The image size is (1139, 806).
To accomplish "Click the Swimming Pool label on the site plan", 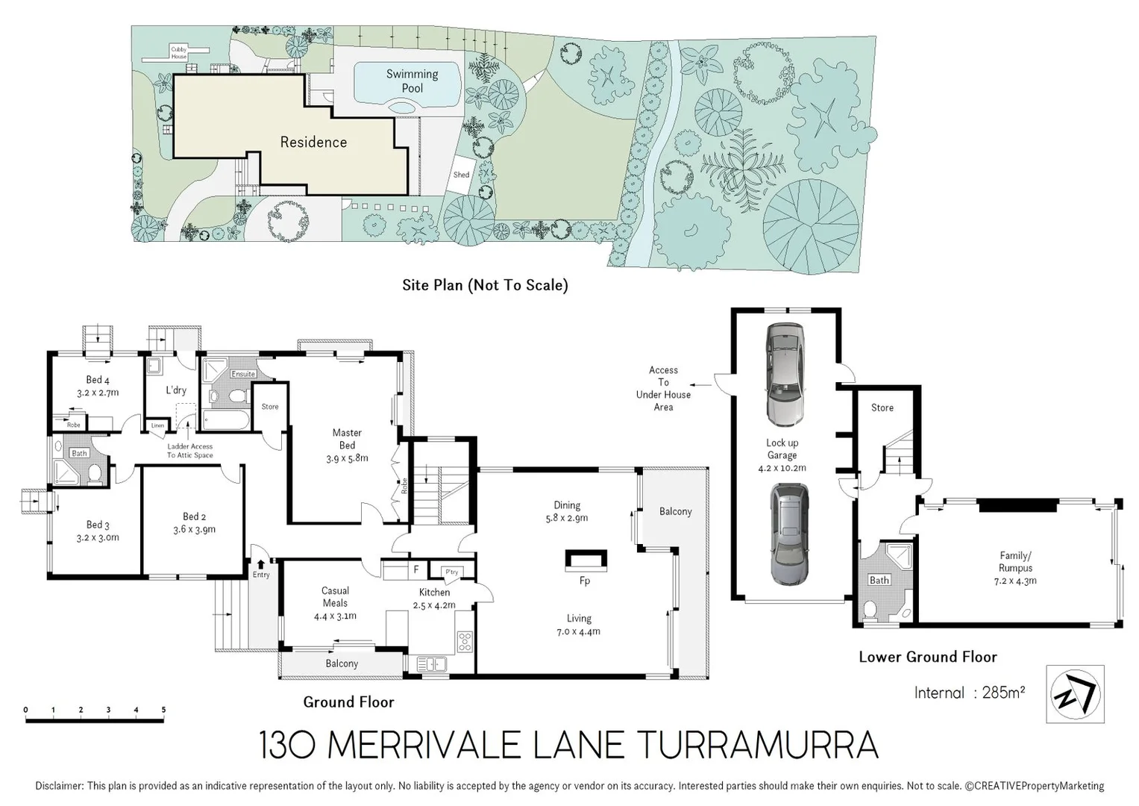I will coord(412,81).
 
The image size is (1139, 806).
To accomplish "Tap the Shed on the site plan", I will coord(462,175).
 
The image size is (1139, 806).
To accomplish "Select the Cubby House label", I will coord(179,53).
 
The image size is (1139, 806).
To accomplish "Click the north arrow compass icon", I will coord(1075,694).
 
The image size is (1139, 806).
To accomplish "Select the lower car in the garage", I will coord(789,534).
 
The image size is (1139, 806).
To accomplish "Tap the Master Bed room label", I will coord(347,445).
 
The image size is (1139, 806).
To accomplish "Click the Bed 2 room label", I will coord(194,522).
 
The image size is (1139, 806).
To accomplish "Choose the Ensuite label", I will coord(243,374).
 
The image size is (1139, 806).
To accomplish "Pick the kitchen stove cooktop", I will coord(465,641).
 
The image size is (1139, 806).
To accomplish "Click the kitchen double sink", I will coord(431,663).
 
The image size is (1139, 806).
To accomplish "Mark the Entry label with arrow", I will coord(261,569).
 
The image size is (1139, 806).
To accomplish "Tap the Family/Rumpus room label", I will coord(1015,567).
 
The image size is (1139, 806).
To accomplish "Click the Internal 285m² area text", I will coord(969,693).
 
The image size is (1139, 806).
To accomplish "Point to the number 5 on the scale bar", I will coord(163,710).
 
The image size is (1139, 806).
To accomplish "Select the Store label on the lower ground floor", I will coord(882,407).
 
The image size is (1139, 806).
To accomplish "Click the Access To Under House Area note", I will coord(663,388).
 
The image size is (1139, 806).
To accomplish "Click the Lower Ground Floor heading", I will coord(927,657).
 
